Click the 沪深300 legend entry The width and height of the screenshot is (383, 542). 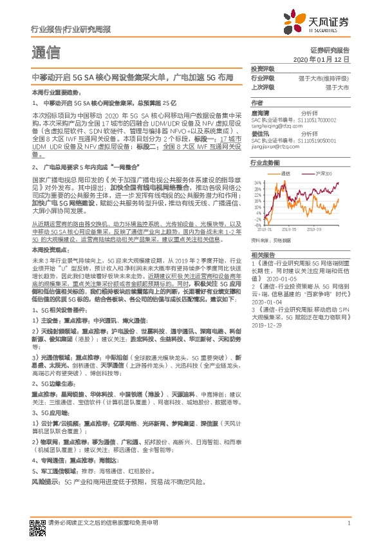(321, 174)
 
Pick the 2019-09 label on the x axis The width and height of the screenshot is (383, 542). (314, 229)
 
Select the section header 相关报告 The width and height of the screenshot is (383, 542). (262, 255)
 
